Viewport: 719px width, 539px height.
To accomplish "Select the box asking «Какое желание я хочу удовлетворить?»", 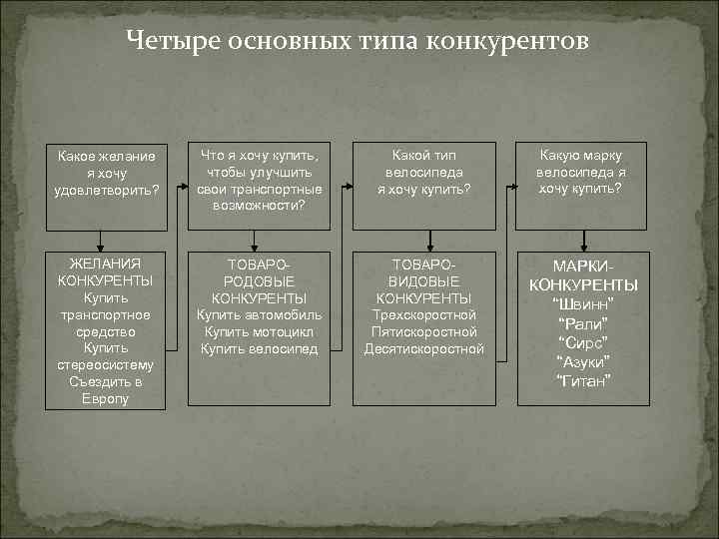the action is pyautogui.click(x=107, y=173).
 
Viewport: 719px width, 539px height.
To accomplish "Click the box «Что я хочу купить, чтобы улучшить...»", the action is pyautogui.click(x=259, y=180).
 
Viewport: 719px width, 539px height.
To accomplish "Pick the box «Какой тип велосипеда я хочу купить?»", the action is pyautogui.click(x=424, y=171).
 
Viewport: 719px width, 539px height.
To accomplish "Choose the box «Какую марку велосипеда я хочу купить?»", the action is pyautogui.click(x=580, y=171).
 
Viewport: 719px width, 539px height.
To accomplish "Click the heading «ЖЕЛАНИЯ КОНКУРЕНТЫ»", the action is pyautogui.click(x=106, y=272).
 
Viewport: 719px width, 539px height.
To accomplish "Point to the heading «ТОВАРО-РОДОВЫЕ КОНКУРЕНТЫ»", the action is pyautogui.click(x=259, y=280).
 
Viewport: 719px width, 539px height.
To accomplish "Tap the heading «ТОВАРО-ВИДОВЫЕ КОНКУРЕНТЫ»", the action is pyautogui.click(x=424, y=280).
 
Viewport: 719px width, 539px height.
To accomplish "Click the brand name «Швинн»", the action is pyautogui.click(x=581, y=304).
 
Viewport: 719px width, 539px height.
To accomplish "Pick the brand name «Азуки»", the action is pyautogui.click(x=581, y=360).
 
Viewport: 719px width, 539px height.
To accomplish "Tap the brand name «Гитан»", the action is pyautogui.click(x=581, y=379).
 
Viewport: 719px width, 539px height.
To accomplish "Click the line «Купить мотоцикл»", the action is pyautogui.click(x=259, y=332).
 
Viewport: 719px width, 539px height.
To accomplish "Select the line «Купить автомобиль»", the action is pyautogui.click(x=259, y=315).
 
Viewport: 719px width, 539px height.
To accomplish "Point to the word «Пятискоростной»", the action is pyautogui.click(x=424, y=332).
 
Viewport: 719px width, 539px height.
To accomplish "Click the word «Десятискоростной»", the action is pyautogui.click(x=424, y=349).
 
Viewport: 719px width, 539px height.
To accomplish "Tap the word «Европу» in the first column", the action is pyautogui.click(x=106, y=399).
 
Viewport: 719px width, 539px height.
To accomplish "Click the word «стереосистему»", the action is pyautogui.click(x=106, y=365).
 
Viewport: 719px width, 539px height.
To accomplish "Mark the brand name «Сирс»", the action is pyautogui.click(x=581, y=342).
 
